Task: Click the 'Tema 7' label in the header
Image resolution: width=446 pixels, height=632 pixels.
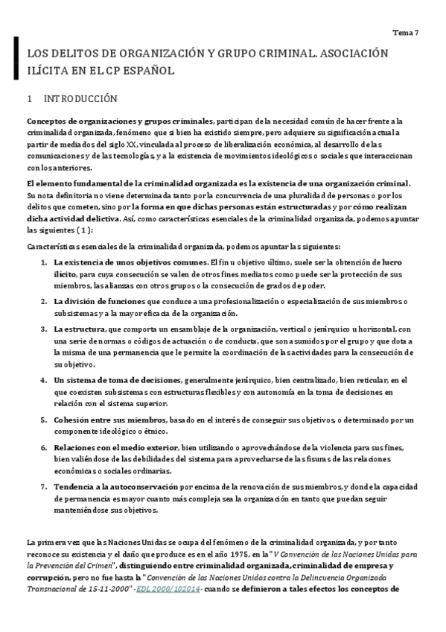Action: (x=407, y=33)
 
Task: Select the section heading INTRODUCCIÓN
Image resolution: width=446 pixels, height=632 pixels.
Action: (x=80, y=98)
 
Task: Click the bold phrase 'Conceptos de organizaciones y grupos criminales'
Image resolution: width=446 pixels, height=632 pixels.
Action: (x=118, y=121)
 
